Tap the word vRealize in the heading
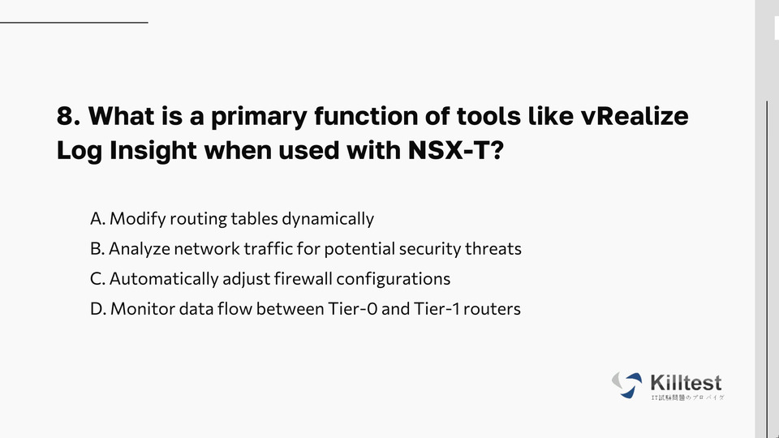[x=635, y=116]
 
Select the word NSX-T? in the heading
[x=456, y=149]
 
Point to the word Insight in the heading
[x=153, y=151]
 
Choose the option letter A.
[x=98, y=218]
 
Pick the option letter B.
[x=97, y=248]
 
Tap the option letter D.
[x=98, y=308]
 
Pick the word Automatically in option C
[x=164, y=279]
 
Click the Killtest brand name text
[x=686, y=383]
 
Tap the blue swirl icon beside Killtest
[x=626, y=384]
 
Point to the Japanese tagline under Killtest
[x=687, y=397]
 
